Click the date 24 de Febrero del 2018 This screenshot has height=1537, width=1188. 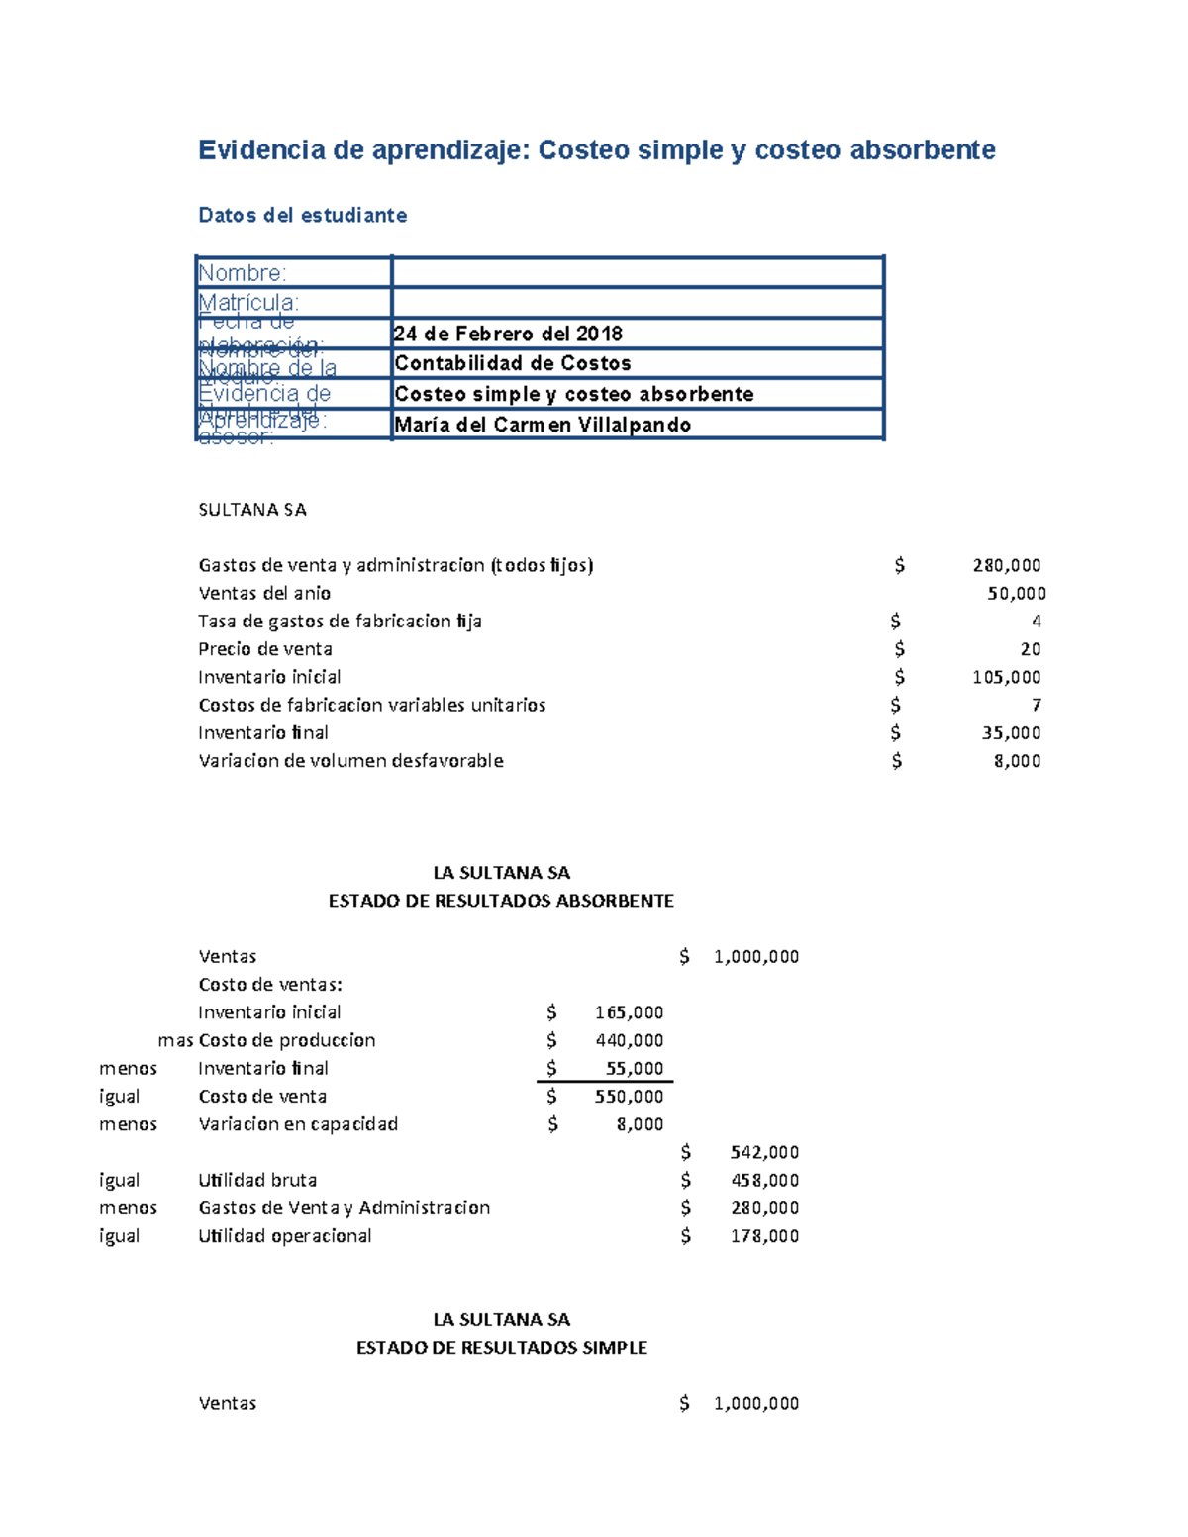[508, 334]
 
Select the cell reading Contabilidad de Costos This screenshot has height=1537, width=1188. [513, 363]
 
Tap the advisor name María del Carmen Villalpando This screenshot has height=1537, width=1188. [543, 425]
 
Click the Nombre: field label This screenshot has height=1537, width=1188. [243, 273]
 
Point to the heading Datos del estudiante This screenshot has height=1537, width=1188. [302, 215]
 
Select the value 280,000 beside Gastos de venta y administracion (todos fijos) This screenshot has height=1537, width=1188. [1006, 565]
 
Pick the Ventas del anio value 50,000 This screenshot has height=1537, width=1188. [1016, 593]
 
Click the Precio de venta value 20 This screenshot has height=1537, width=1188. [1031, 649]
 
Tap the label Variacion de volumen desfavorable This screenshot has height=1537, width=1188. [350, 761]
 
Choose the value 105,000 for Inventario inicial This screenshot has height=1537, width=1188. [1006, 677]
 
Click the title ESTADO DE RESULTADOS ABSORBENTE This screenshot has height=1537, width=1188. [501, 901]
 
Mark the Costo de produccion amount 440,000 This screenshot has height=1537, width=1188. [629, 1040]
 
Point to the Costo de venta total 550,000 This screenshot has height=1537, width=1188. [629, 1097]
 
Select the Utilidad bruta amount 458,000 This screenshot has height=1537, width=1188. [764, 1180]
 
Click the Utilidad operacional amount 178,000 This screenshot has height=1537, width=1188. [764, 1236]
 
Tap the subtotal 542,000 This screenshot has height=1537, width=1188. [764, 1152]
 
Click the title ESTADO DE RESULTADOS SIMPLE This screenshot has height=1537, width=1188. [501, 1348]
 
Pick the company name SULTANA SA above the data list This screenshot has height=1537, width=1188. [252, 510]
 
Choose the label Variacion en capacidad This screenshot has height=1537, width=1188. [298, 1124]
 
